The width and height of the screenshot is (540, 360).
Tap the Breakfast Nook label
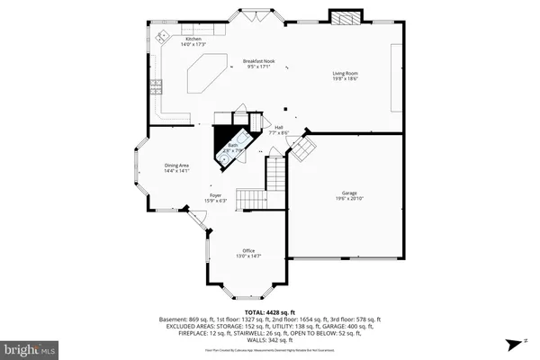[258, 61]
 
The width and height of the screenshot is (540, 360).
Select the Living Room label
[346, 75]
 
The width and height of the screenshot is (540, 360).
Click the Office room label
[248, 250]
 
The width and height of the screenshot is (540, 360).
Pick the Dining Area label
[176, 166]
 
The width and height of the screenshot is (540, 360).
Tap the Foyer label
[191, 194]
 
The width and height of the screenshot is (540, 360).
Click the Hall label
[279, 127]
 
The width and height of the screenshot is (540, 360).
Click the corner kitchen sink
[162, 37]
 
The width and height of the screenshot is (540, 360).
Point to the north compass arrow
[523, 342]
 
